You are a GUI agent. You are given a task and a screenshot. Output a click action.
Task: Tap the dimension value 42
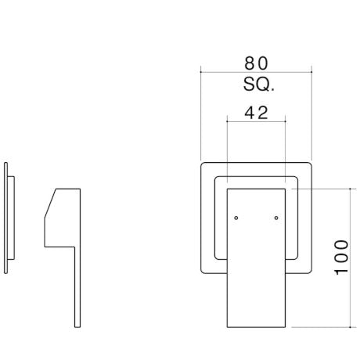point(256,112)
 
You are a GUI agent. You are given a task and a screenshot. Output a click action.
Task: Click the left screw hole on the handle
point(236,217)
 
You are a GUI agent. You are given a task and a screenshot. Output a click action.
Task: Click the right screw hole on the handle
point(275,217)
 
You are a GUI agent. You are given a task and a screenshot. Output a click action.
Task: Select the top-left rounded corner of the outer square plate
point(203,165)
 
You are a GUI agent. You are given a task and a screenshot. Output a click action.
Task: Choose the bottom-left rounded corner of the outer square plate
point(203,270)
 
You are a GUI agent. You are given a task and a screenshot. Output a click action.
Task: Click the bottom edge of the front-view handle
point(256,327)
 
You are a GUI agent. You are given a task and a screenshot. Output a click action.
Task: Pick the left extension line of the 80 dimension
point(200,117)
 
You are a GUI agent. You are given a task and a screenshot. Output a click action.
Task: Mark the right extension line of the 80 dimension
point(313,117)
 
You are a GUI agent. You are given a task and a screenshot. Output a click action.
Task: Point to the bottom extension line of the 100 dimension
point(321,327)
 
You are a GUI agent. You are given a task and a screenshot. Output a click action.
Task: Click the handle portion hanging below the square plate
point(256,301)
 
